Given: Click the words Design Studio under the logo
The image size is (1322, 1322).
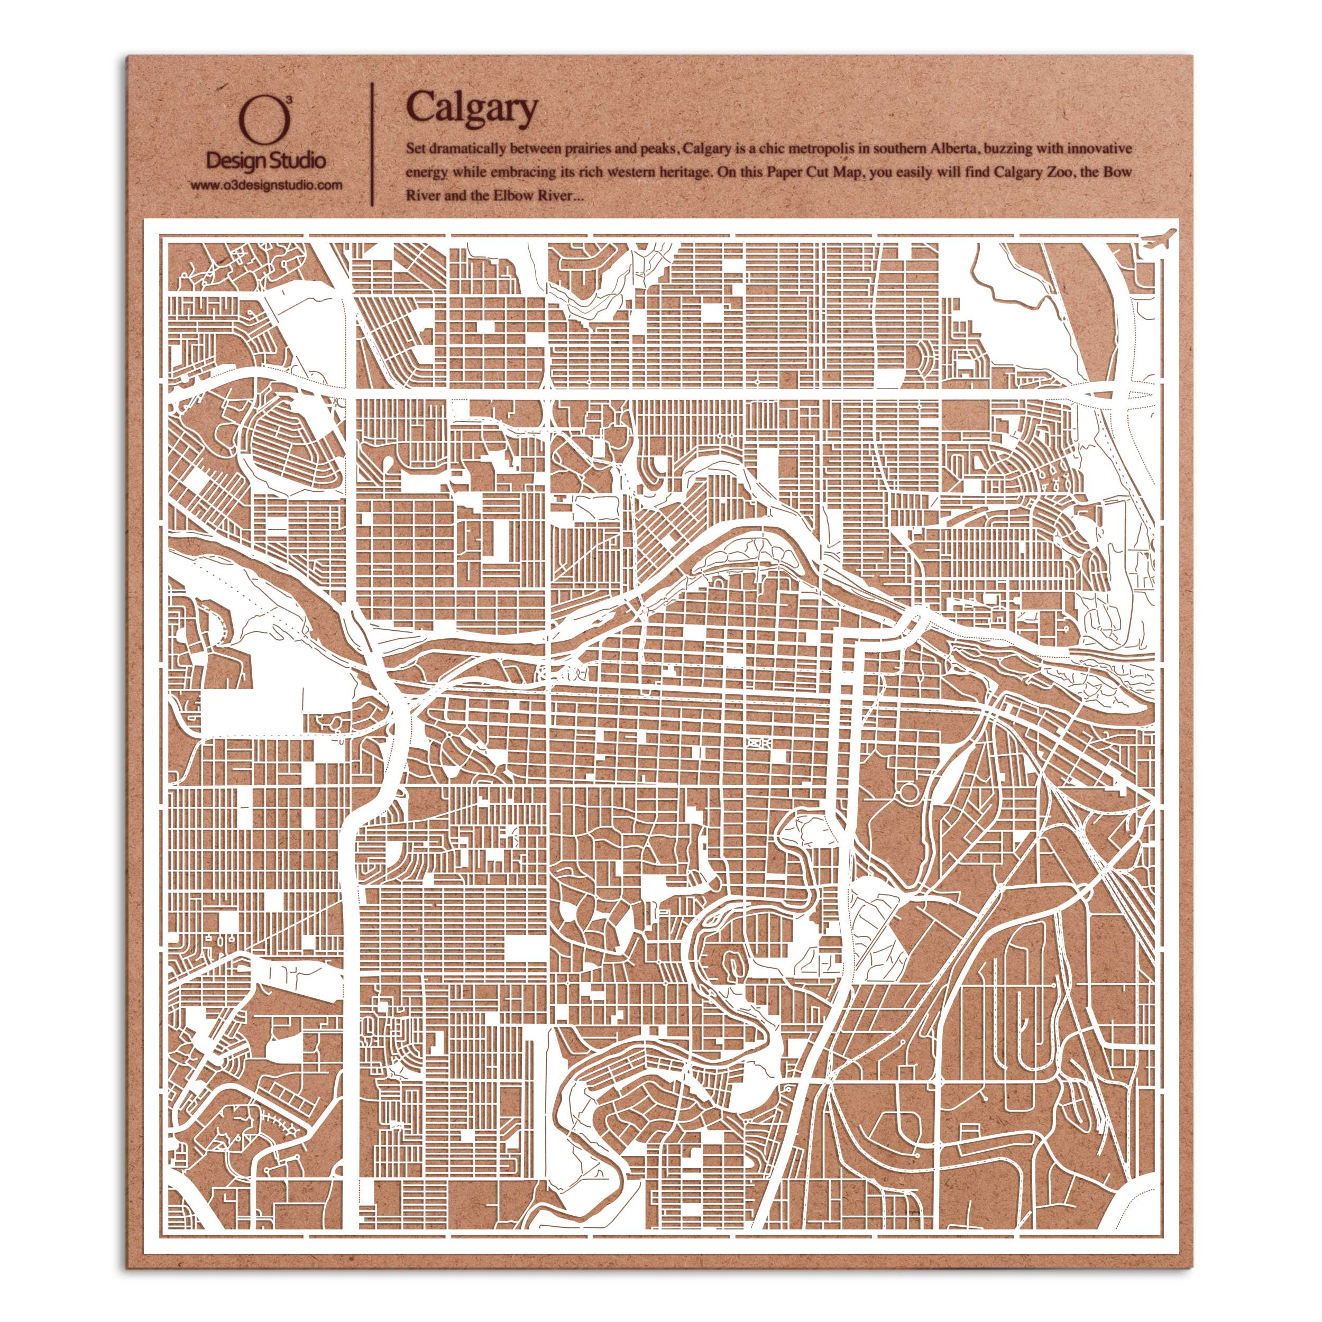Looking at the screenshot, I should [x=266, y=161].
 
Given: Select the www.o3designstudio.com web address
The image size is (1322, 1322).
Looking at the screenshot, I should [x=266, y=185].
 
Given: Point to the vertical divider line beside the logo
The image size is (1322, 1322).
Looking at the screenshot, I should [x=372, y=144].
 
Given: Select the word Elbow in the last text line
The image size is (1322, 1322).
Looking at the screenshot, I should [x=511, y=196].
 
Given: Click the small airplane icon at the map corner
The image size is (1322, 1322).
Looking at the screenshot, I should [x=1160, y=238].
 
